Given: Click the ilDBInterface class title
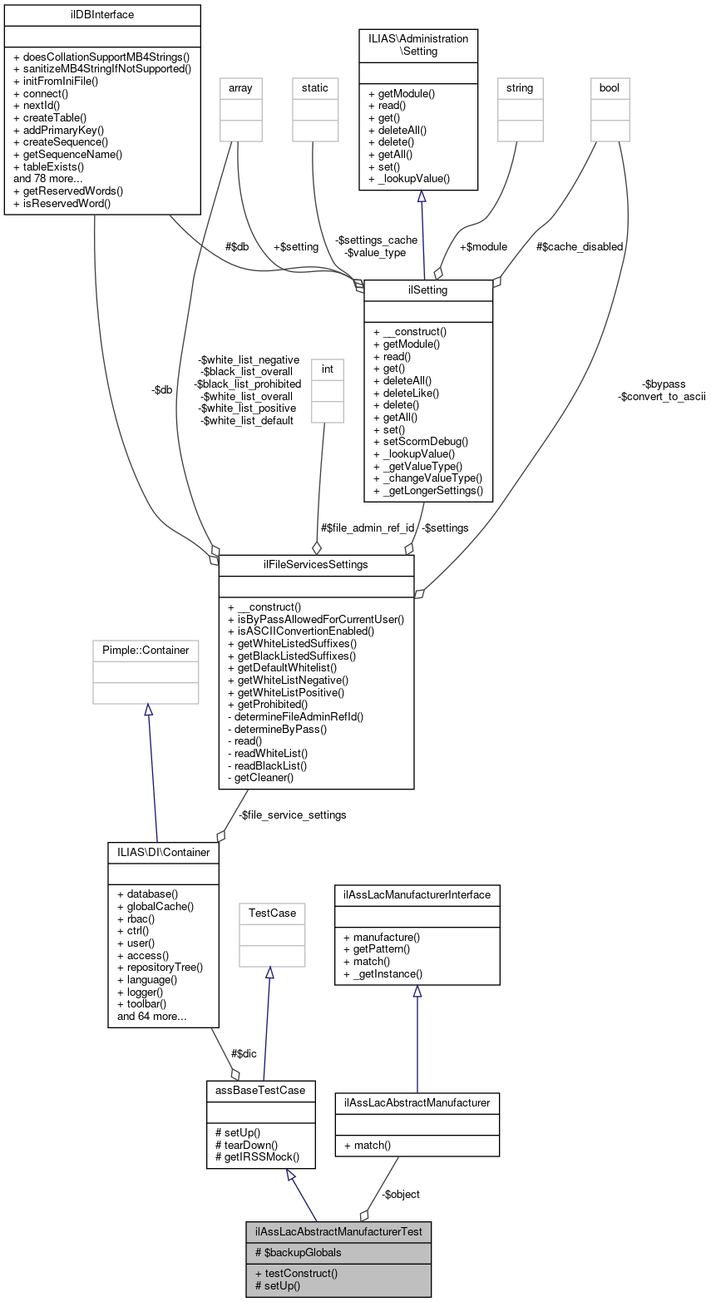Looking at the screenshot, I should click(x=102, y=14).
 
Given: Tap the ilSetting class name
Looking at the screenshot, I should click(x=428, y=290).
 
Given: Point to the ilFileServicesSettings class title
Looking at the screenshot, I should click(x=316, y=565).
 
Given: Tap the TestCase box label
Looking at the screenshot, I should click(x=272, y=913).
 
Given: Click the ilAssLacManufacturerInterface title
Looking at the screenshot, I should click(x=417, y=894).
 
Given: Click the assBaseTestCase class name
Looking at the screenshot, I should click(x=260, y=1089).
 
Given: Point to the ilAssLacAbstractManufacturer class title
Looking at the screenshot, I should click(x=417, y=1102).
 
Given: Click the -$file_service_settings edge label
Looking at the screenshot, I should click(x=292, y=814).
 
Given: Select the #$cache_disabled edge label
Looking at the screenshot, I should click(x=580, y=246).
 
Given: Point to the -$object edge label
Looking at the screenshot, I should click(x=401, y=1194).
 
